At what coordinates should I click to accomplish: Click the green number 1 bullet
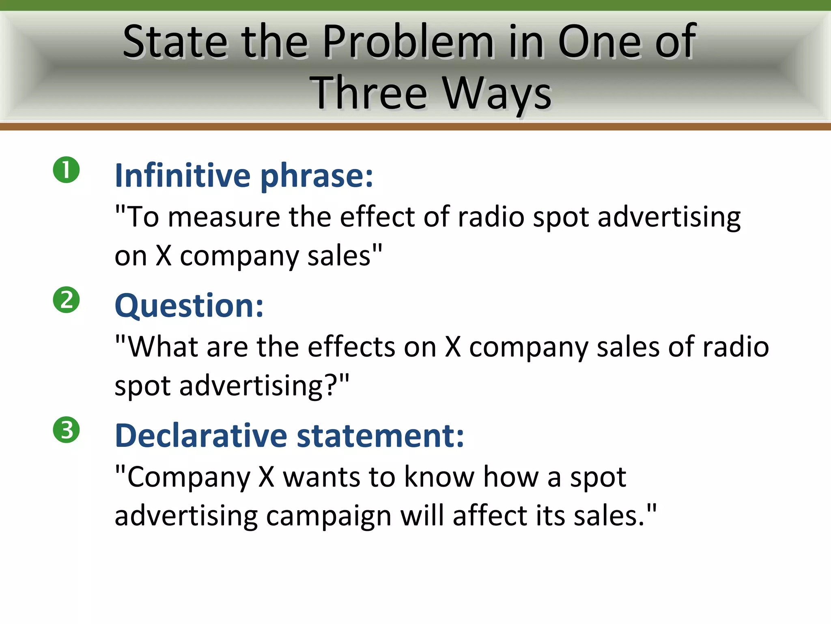[66, 170]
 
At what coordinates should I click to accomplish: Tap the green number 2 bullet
[66, 300]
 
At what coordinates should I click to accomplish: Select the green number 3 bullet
[66, 430]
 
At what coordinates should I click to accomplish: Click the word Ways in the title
[497, 94]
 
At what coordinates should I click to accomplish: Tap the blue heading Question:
[189, 306]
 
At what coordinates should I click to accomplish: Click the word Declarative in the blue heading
[201, 435]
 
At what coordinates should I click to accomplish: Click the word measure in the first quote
[224, 217]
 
